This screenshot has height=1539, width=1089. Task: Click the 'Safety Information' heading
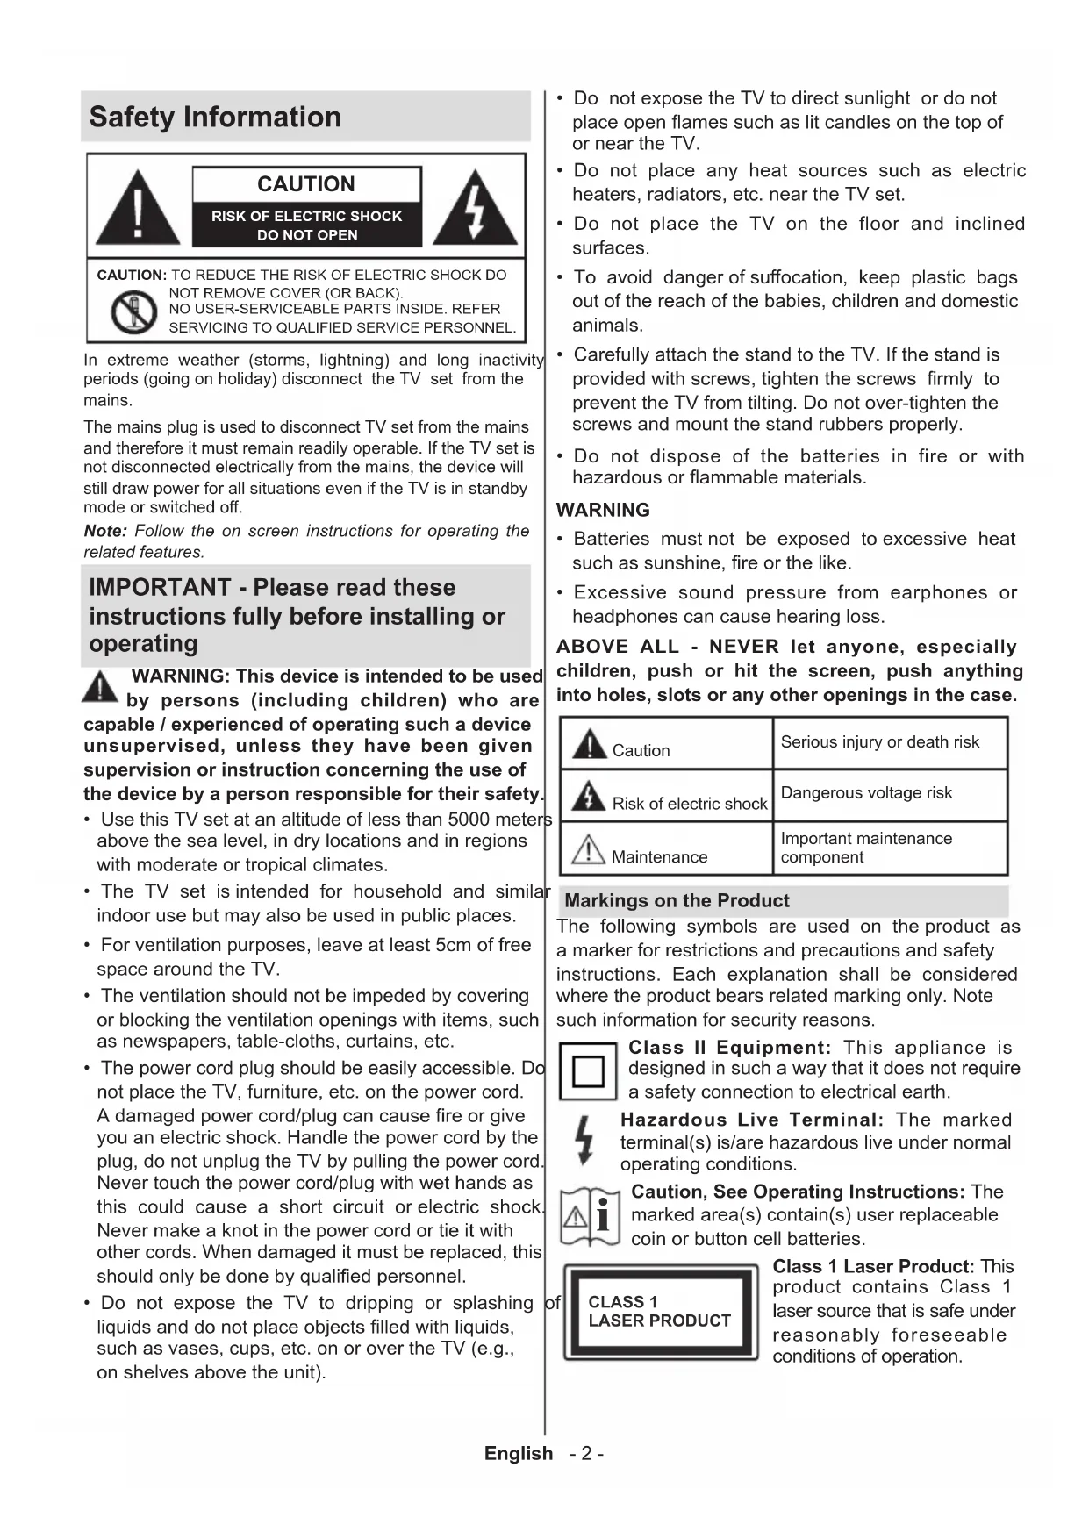pos(215,117)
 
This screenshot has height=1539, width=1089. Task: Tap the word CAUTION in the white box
pos(305,184)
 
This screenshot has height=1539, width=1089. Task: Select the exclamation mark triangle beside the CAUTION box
pos(138,209)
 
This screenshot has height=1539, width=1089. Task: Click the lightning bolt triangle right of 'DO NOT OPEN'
pos(475,209)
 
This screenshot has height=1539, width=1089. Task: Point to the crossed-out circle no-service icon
pos(133,311)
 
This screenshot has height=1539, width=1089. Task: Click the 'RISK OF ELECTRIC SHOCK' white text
pos(306,216)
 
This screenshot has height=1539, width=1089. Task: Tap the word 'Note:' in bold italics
pos(105,532)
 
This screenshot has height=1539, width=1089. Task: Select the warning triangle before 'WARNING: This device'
pos(100,686)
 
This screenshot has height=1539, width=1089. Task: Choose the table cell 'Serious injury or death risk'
pos(880,742)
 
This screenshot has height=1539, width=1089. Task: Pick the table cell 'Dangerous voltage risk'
pos(866,793)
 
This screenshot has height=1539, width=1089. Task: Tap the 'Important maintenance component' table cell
pos(866,848)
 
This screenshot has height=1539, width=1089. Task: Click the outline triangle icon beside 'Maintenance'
pos(588,849)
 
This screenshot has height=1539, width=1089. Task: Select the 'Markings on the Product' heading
pos(677,901)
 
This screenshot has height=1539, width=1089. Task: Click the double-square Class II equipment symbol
pos(588,1071)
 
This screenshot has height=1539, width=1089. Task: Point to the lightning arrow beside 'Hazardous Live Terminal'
pos(584,1140)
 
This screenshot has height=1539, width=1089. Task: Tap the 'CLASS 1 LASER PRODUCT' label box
pos(660,1312)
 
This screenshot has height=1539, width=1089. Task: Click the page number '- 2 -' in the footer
pos(586,1454)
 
